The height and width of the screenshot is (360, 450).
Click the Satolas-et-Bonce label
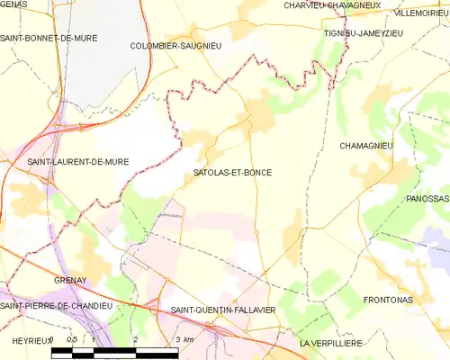coord(232,172)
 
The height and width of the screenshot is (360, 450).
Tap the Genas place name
coord(14,4)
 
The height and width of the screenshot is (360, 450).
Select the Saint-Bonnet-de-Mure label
coord(49,39)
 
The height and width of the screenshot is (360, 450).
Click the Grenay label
coord(69,280)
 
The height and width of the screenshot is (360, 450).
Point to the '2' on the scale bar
coord(135,339)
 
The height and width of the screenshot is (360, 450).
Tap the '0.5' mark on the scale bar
coord(73,339)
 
